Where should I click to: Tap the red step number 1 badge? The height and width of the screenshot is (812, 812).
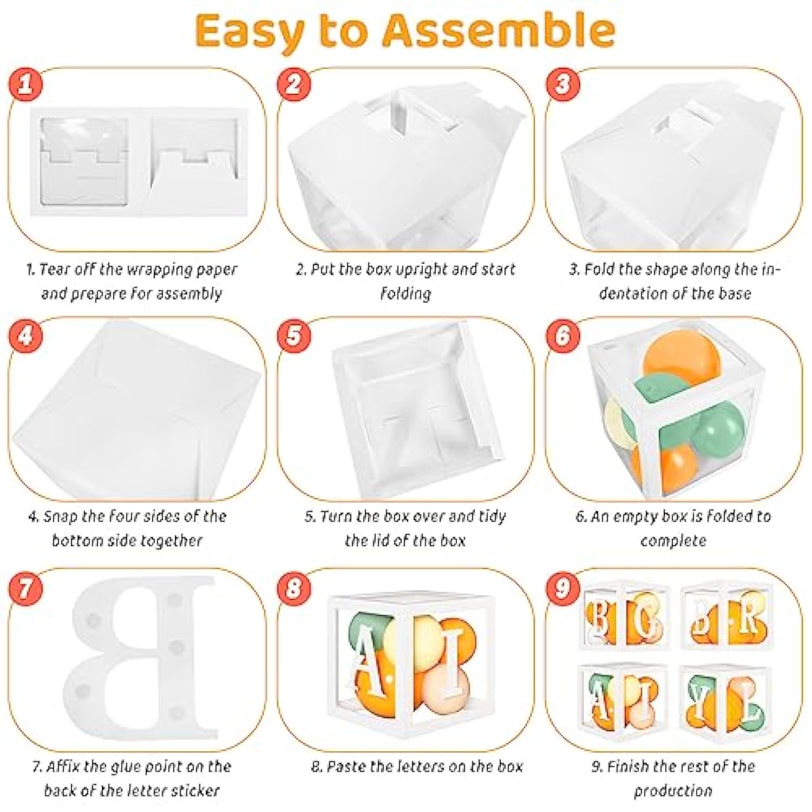coord(25,84)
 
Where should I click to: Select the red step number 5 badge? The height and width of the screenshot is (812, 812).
coord(293,335)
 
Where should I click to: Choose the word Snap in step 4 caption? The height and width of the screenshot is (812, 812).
coord(61,516)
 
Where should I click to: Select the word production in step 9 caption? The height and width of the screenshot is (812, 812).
coord(673,791)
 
